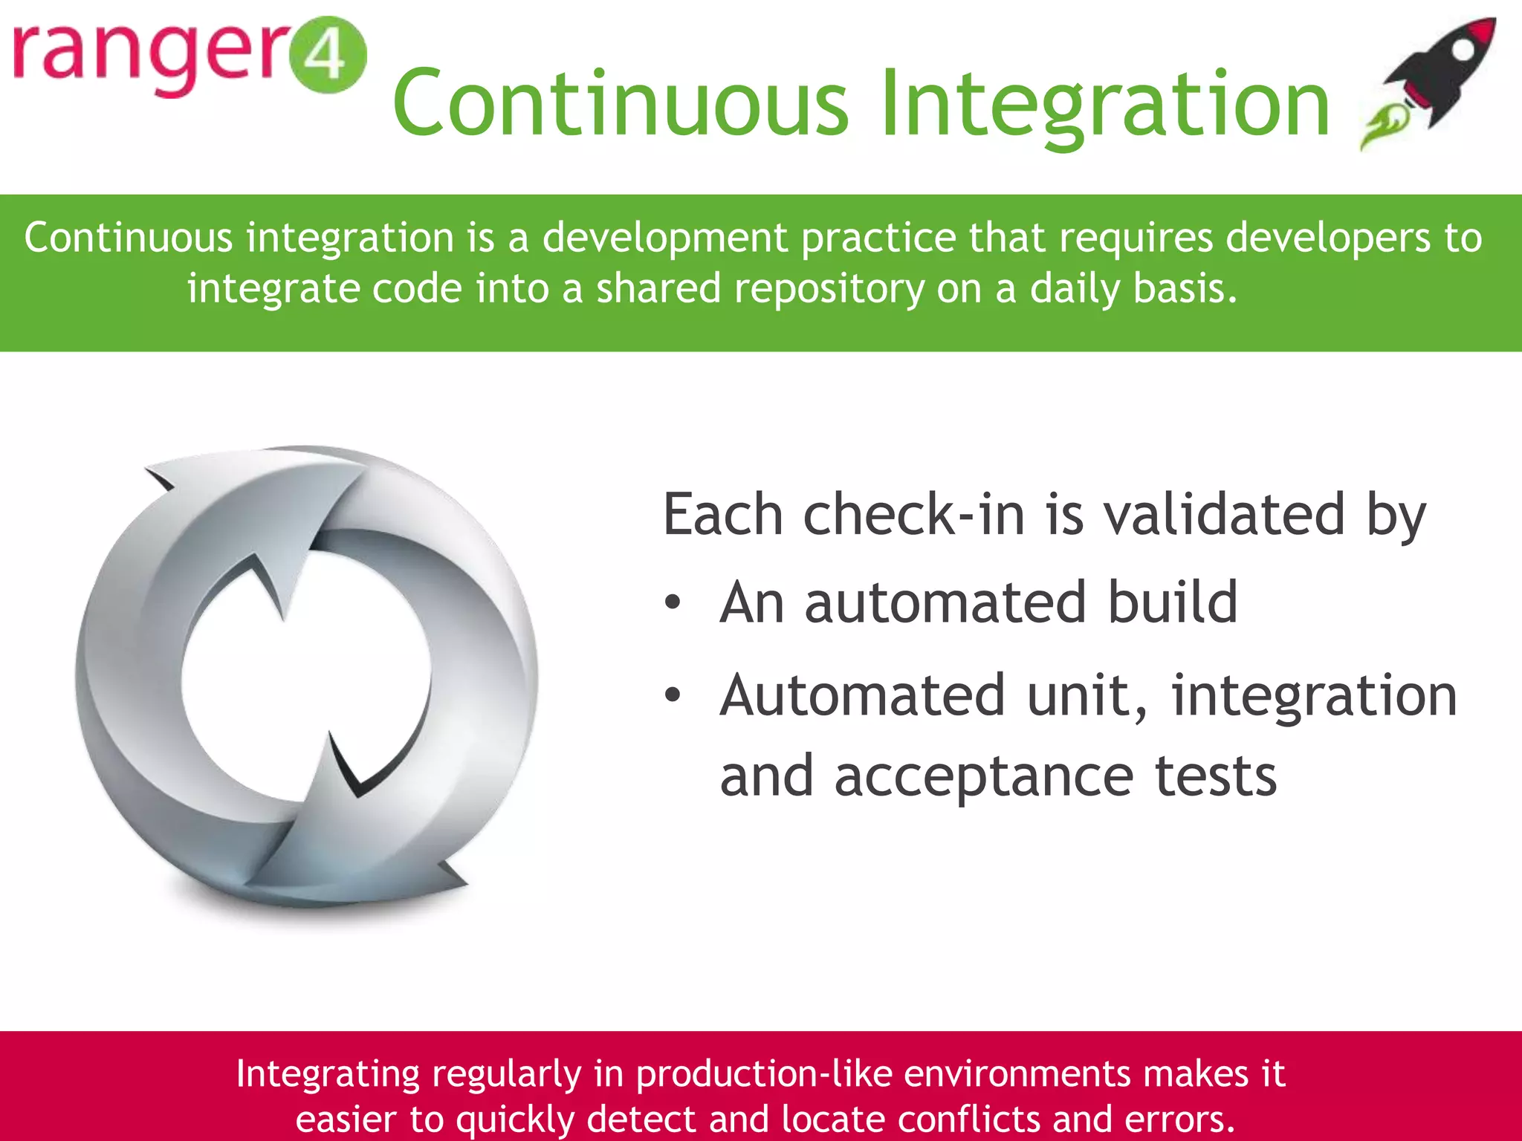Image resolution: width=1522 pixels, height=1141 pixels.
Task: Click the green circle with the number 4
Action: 328,56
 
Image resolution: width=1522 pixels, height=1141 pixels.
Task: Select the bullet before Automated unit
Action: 673,695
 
